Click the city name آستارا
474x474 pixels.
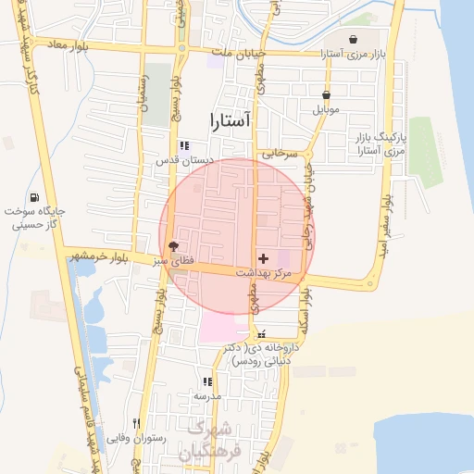[x=225, y=120]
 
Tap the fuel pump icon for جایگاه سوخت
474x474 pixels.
[x=34, y=197]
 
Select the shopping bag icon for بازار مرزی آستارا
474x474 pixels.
[x=355, y=40]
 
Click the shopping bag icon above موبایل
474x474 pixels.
[x=326, y=94]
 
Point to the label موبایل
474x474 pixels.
[x=326, y=109]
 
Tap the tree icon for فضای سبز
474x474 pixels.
[x=173, y=246]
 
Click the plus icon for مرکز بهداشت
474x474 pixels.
[x=264, y=258]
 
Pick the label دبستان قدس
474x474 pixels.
[x=184, y=160]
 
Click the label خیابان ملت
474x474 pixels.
[x=235, y=54]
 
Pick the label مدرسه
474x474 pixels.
[x=207, y=396]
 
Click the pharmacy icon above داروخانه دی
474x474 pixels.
[x=262, y=333]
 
